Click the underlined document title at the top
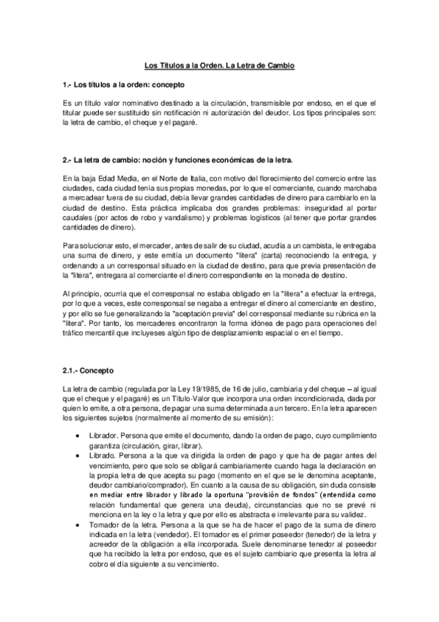coord(218,66)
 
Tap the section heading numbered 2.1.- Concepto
coord(89,370)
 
